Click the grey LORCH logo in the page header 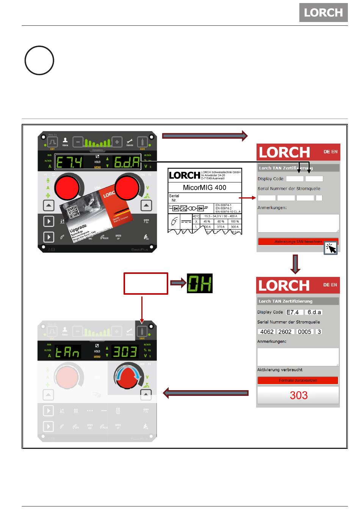[x=323, y=13]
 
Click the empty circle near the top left [x=39, y=61]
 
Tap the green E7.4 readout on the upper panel [x=70, y=163]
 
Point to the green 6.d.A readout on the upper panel [x=127, y=163]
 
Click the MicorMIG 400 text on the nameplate [x=204, y=188]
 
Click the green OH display [x=200, y=283]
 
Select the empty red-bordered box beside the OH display [x=146, y=283]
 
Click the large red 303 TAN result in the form [x=298, y=395]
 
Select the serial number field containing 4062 [x=267, y=332]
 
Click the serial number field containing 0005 [x=304, y=332]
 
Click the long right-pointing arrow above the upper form [x=205, y=136]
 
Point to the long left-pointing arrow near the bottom [x=206, y=393]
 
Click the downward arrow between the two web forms [x=295, y=264]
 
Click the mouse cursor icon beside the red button [x=330, y=248]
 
